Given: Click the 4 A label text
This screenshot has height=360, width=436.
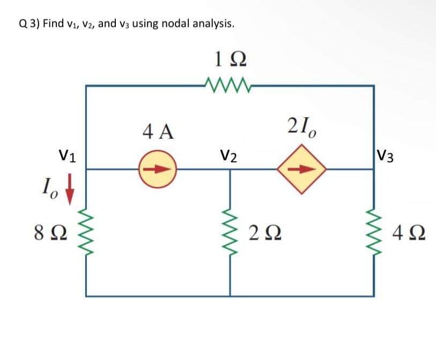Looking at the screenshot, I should point(158,130).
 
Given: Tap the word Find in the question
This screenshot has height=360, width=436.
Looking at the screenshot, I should point(54,24).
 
